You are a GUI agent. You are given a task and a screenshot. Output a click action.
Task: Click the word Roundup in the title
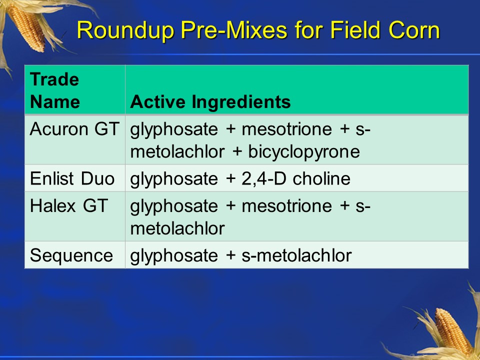tap(126, 30)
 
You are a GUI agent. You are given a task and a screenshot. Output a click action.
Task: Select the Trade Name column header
tap(55, 90)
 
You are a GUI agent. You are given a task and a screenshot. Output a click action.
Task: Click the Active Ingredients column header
tap(210, 101)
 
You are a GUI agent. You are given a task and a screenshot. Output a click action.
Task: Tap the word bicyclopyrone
tap(304, 151)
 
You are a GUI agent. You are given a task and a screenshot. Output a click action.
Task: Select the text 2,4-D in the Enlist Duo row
tap(263, 178)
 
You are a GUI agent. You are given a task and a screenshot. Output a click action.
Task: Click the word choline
tap(321, 178)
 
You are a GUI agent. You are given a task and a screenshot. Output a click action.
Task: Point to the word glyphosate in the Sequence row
tap(174, 255)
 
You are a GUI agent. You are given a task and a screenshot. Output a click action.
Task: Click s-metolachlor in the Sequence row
tap(296, 255)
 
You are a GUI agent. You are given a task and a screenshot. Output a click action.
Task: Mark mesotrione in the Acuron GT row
tap(287, 129)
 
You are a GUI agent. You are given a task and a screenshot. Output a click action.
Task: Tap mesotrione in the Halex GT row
tap(287, 205)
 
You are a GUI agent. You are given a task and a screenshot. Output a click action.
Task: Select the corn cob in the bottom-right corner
tap(452, 330)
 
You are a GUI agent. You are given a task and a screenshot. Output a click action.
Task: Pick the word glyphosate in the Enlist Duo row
tap(174, 179)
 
